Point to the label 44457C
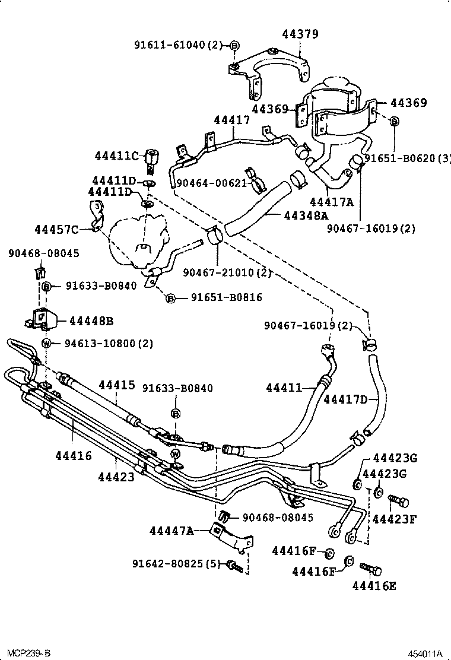click(x=56, y=229)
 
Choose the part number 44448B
click(x=91, y=321)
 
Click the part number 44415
click(x=117, y=385)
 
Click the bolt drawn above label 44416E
click(x=371, y=571)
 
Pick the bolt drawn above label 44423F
click(x=398, y=502)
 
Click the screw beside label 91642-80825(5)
click(x=234, y=567)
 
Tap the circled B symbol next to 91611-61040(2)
click(x=234, y=46)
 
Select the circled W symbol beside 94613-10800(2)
click(x=46, y=343)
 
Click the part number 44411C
click(x=116, y=156)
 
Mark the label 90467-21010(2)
click(x=227, y=272)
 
